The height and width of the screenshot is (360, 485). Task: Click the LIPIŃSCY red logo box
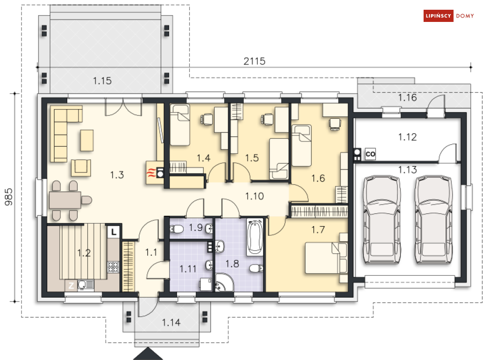(438, 16)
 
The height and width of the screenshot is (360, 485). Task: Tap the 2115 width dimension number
(254, 61)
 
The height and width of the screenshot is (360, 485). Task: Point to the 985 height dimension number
(9, 197)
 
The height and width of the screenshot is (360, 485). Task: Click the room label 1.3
(117, 175)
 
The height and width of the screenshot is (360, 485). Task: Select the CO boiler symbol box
(370, 154)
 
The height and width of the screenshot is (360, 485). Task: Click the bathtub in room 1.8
(254, 237)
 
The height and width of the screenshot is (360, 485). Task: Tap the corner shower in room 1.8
(224, 283)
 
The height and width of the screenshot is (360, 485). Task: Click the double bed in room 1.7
(326, 258)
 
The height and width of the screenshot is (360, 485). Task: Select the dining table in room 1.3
(65, 200)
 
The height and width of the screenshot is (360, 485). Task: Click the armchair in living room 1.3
(81, 168)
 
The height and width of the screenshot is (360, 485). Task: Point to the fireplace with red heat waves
(155, 173)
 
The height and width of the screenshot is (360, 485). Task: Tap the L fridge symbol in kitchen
(114, 232)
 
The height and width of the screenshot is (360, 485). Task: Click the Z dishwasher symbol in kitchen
(71, 285)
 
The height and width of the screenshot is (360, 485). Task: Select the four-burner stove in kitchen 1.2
(113, 267)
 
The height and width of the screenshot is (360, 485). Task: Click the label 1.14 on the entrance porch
(171, 322)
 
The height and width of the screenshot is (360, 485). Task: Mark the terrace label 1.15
(102, 81)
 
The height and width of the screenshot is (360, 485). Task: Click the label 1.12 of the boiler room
(407, 137)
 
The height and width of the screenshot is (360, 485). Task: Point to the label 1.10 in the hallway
(254, 196)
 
